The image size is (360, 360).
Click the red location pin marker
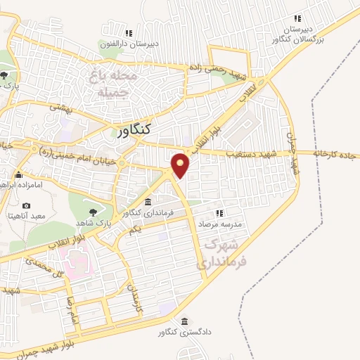click(x=181, y=165)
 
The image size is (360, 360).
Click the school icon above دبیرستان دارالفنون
click(x=128, y=32)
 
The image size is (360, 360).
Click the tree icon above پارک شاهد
click(x=92, y=210)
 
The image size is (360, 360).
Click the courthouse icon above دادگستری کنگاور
click(x=185, y=321)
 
